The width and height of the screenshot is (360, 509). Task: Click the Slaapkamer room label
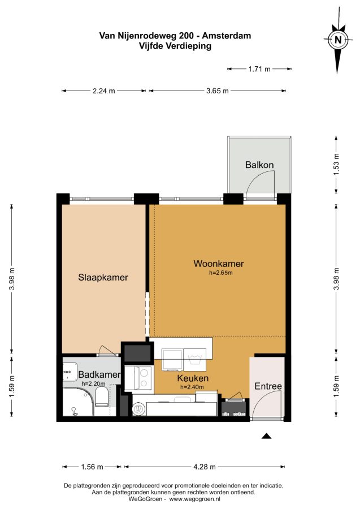pos(103,278)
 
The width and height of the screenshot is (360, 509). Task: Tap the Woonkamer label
pos(219,264)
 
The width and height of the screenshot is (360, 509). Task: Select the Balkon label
pos(259,165)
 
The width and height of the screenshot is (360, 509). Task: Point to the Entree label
pos(268,386)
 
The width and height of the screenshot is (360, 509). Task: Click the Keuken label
pos(193,378)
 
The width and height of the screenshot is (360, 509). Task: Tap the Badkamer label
pos(99,374)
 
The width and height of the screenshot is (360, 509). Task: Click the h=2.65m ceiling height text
pos(221,273)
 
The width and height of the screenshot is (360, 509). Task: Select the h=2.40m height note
pos(192,387)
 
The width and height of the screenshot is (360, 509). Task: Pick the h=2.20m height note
pos(93,383)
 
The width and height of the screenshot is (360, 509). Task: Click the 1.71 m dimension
pos(259,69)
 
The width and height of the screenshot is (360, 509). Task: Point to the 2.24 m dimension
pos(104,91)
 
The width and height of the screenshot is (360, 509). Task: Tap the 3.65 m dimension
pos(217,91)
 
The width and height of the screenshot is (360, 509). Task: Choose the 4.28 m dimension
pos(205,467)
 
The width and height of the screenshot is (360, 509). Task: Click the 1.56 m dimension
pos(92,467)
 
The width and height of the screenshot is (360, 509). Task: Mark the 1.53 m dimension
pos(336,165)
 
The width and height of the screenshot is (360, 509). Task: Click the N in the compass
pos(338,40)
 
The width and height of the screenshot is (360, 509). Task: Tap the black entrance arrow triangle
pos(267,436)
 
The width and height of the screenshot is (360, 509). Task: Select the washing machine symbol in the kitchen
pos(197,359)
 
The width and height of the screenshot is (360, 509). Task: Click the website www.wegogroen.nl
pos(194,499)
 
